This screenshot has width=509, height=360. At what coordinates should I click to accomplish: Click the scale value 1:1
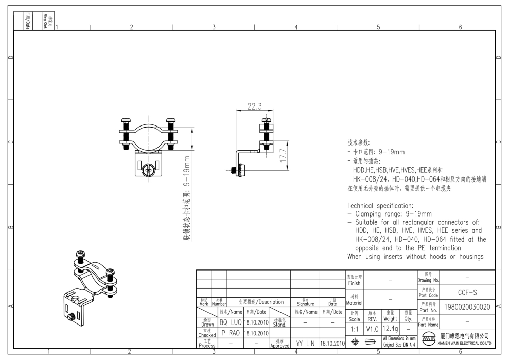point(354,328)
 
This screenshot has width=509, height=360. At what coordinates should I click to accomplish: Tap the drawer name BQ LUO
point(230,322)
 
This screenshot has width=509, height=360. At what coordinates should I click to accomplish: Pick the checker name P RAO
point(230,333)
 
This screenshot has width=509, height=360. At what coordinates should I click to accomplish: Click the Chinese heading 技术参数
point(359,143)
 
